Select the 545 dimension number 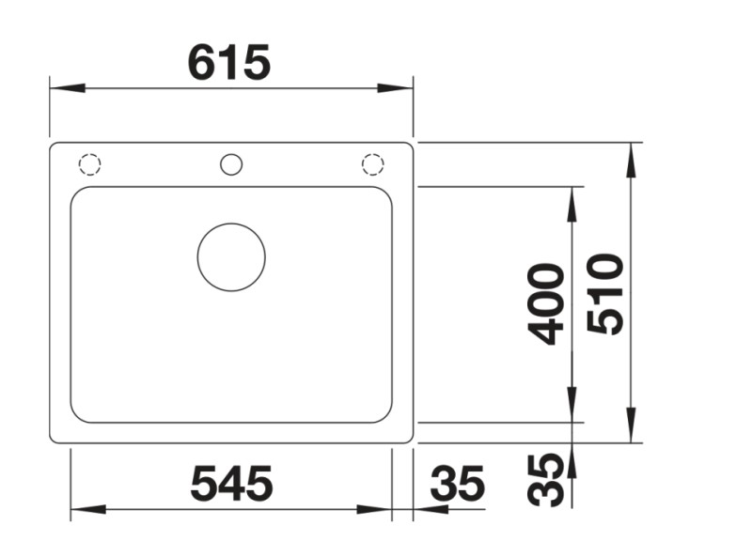(231, 485)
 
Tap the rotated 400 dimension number (546, 303)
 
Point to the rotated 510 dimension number (604, 293)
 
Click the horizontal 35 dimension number (458, 485)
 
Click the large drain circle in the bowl (231, 256)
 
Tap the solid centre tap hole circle (231, 164)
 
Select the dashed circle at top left (89, 164)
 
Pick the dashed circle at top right (373, 164)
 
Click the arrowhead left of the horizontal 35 (430, 510)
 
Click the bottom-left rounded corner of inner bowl (77, 414)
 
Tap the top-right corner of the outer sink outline (409, 147)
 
